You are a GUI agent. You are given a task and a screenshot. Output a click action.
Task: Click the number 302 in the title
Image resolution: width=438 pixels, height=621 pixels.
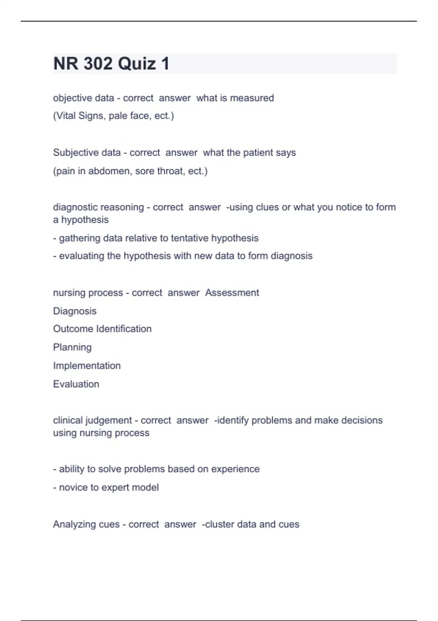click(x=98, y=64)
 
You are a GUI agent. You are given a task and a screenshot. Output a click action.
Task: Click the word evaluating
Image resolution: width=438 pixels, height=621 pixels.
click(x=82, y=256)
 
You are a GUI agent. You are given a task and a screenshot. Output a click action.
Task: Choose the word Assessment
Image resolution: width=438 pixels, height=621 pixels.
click(x=232, y=293)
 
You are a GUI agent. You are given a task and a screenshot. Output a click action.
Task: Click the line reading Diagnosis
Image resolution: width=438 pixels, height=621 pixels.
click(x=75, y=311)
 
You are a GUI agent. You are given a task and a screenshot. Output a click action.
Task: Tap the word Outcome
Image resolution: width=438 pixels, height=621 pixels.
click(x=73, y=329)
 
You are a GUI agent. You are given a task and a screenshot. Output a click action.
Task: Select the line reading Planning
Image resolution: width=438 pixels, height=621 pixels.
click(x=72, y=347)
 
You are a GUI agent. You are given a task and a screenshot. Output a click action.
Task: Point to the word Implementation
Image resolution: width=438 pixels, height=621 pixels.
click(x=87, y=366)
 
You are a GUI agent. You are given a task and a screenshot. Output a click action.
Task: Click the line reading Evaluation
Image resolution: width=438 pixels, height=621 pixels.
click(x=76, y=384)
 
